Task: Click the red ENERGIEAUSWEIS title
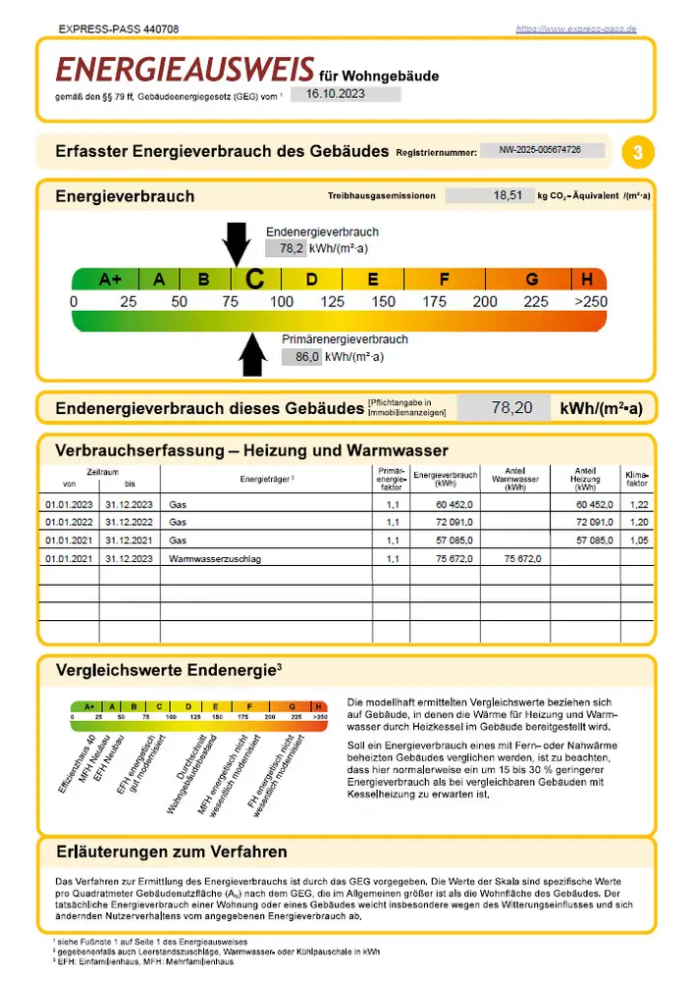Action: tap(185, 70)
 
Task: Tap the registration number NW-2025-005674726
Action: tap(539, 151)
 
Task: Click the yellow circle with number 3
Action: tap(638, 152)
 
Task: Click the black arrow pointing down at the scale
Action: tap(237, 242)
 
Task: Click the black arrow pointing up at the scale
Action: tap(253, 354)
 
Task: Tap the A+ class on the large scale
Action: tap(110, 279)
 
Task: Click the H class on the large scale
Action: tap(587, 279)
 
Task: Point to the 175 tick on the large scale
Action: tap(434, 302)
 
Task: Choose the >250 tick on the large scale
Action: tap(592, 302)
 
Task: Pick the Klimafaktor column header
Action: tap(636, 479)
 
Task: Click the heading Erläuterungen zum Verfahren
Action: tap(172, 852)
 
